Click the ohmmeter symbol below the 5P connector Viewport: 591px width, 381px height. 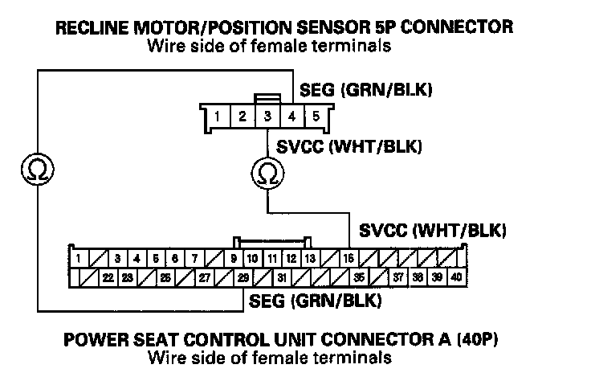click(x=267, y=172)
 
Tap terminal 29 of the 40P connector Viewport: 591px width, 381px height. click(x=243, y=278)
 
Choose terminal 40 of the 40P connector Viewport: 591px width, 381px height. click(x=456, y=278)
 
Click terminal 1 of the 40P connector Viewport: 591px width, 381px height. click(x=79, y=259)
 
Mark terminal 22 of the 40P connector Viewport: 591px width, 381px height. click(x=107, y=278)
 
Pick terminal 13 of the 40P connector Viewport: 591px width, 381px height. click(x=311, y=259)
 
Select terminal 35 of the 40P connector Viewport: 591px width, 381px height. click(x=359, y=278)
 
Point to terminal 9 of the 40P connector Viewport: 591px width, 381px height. click(x=233, y=259)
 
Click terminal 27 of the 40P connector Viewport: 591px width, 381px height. click(x=204, y=278)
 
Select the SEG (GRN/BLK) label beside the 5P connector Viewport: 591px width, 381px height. click(x=365, y=90)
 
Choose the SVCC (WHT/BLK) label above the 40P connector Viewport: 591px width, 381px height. click(x=433, y=231)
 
